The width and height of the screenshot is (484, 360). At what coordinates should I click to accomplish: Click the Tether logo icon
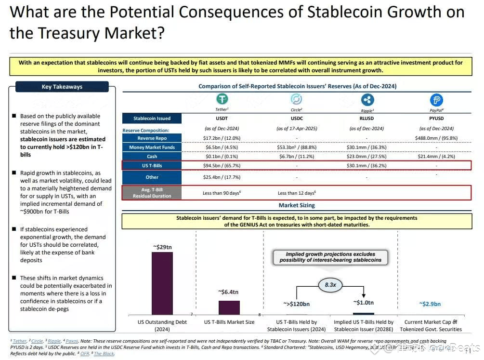pos(222,99)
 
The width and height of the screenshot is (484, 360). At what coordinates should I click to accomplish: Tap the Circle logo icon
pos(296,99)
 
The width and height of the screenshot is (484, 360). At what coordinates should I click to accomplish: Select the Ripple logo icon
pos(367,100)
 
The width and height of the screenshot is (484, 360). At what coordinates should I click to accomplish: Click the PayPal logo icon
pos(436,100)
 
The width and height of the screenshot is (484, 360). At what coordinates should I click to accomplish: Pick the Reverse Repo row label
pos(152,138)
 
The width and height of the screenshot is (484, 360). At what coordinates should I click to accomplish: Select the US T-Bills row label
pos(152,166)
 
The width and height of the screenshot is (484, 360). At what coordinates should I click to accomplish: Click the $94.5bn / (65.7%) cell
pos(222,166)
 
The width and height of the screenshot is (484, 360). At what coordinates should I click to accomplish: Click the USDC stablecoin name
pos(296,118)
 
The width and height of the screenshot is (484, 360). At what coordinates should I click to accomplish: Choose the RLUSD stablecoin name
pos(367,118)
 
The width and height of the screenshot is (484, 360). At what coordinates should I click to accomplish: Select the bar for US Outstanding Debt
pos(162,283)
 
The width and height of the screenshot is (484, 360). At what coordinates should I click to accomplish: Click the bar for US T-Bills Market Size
pos(229,307)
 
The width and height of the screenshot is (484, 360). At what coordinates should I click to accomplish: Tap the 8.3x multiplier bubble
pos(330,285)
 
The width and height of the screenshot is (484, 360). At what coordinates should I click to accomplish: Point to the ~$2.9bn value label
pos(430,304)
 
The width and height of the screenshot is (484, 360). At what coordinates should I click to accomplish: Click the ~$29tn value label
pos(162,247)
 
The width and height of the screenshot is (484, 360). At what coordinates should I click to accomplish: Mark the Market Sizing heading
pos(297,205)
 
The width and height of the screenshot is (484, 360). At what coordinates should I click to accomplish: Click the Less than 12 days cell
pos(297,193)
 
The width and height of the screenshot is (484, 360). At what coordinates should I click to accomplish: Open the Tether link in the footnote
pos(19,341)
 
